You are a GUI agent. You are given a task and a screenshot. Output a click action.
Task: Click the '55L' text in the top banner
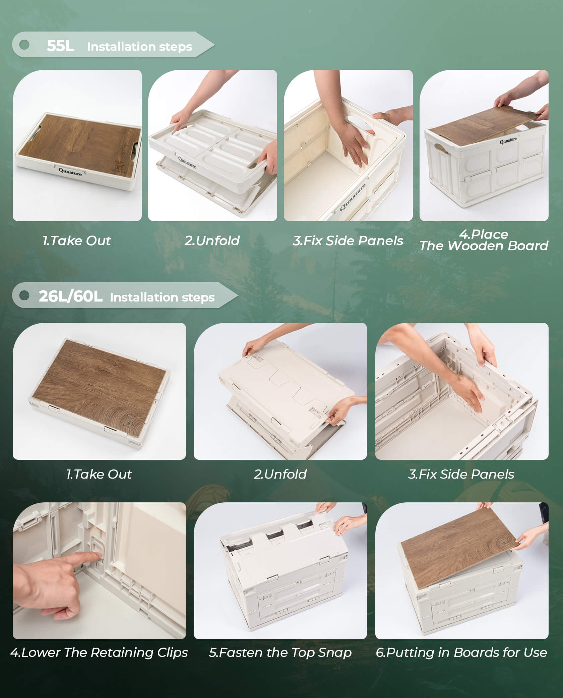[60, 46]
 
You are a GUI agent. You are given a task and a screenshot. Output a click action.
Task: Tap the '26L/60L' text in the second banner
[70, 297]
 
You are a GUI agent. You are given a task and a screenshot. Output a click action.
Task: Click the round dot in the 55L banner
[24, 45]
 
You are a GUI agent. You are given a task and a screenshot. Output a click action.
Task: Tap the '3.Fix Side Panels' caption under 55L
[348, 241]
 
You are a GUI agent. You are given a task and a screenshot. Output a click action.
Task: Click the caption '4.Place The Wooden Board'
[484, 240]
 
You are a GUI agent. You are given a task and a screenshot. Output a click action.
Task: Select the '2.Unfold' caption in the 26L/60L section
[280, 474]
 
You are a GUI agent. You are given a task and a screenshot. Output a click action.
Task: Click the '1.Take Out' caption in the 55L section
[77, 241]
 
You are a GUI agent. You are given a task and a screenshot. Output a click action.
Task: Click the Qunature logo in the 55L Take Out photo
[70, 172]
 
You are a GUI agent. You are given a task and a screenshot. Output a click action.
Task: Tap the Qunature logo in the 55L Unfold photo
[187, 162]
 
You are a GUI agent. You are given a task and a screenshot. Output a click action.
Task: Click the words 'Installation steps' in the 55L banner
[139, 47]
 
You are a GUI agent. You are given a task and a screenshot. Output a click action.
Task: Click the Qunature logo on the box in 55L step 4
[508, 141]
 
